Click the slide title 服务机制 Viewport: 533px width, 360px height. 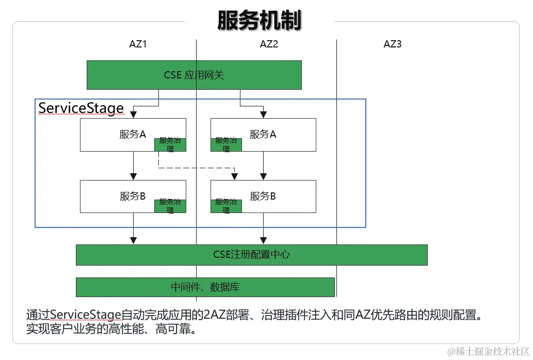(259, 21)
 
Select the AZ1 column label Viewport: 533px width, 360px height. (138, 44)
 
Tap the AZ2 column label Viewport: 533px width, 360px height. (269, 44)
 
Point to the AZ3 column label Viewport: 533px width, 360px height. (392, 44)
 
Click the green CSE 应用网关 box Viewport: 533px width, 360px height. (193, 75)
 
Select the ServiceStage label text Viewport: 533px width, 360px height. (81, 108)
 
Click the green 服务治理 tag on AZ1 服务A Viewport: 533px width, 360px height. (170, 145)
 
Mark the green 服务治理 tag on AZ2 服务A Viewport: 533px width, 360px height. (226, 145)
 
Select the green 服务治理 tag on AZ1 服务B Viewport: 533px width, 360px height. (170, 206)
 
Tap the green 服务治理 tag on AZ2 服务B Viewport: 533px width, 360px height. (226, 206)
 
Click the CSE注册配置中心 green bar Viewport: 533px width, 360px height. (251, 255)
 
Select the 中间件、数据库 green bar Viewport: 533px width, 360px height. (205, 287)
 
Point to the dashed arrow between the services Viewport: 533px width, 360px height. (196, 167)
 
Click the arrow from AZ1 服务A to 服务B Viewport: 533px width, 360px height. (134, 165)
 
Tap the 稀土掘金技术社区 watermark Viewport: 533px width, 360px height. (488, 351)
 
